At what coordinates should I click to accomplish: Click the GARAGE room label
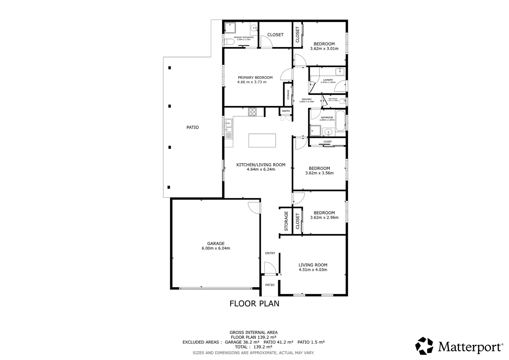pyautogui.click(x=216, y=243)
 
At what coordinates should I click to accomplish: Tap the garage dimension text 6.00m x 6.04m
pyautogui.click(x=216, y=248)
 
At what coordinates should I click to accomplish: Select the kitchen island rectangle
pyautogui.click(x=262, y=140)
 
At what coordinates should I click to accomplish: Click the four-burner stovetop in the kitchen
pyautogui.click(x=252, y=112)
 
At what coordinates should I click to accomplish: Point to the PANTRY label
pyautogui.click(x=286, y=111)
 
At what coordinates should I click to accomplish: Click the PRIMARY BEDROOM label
pyautogui.click(x=255, y=77)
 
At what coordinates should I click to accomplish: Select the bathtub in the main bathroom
pyautogui.click(x=340, y=121)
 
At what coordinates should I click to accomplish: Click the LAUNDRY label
pyautogui.click(x=328, y=80)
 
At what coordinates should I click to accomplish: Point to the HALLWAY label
pyautogui.click(x=306, y=99)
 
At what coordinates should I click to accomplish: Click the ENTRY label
pyautogui.click(x=270, y=253)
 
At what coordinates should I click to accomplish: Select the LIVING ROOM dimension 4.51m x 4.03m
pyautogui.click(x=313, y=270)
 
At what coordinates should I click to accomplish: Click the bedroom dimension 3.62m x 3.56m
pyautogui.click(x=319, y=173)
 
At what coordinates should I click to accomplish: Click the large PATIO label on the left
pyautogui.click(x=193, y=127)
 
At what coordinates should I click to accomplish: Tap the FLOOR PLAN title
pyautogui.click(x=254, y=303)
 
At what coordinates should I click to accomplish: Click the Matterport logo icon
pyautogui.click(x=424, y=346)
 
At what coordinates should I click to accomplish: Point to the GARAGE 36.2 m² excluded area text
pyautogui.click(x=242, y=342)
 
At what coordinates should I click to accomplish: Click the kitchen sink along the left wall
pyautogui.click(x=228, y=126)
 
